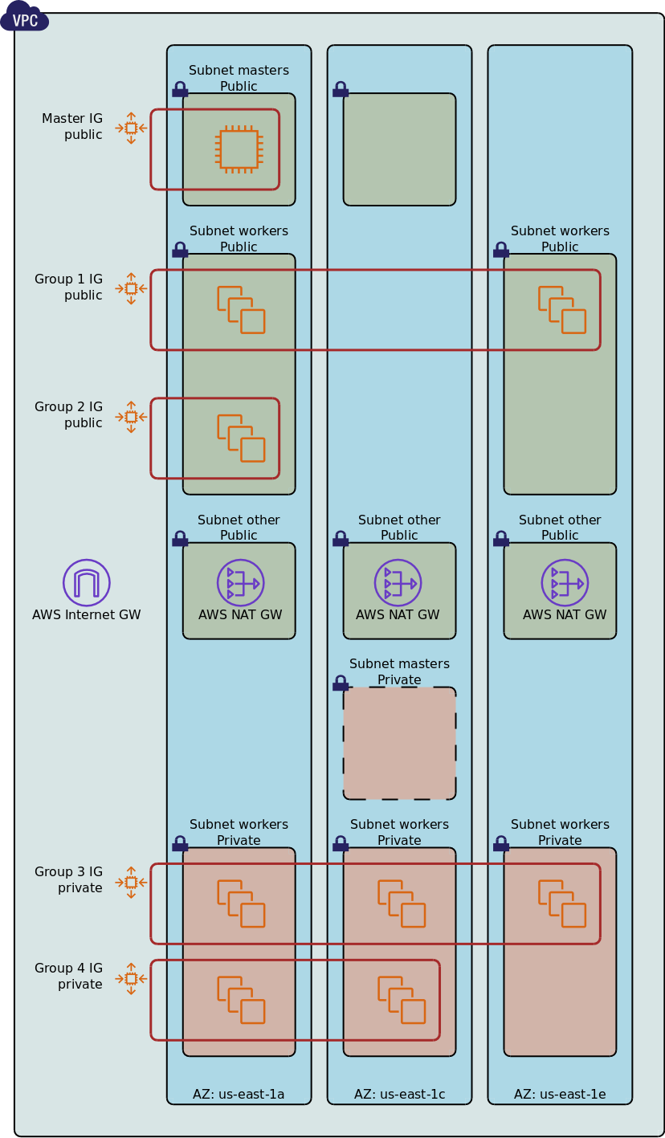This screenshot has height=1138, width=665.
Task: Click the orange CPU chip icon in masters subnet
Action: [x=239, y=149]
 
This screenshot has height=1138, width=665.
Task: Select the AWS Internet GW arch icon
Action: [x=87, y=583]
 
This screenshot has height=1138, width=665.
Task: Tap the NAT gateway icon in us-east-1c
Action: [x=398, y=583]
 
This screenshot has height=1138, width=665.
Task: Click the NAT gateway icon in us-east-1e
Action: [x=565, y=583]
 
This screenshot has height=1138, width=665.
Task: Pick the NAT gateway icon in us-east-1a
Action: [x=240, y=583]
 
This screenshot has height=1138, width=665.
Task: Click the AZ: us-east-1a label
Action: [x=239, y=1094]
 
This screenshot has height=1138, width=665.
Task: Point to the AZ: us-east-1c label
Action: [x=399, y=1094]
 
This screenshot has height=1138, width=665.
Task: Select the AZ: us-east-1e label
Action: [x=560, y=1094]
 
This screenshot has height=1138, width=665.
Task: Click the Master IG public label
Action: [x=72, y=127]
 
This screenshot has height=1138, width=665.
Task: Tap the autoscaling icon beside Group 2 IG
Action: [x=131, y=417]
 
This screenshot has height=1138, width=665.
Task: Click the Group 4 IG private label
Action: [x=69, y=976]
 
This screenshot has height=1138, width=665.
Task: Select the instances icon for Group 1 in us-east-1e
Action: [x=562, y=310]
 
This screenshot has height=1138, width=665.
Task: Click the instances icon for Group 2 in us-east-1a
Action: [x=241, y=438]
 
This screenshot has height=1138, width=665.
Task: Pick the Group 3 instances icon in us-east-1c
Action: [x=402, y=903]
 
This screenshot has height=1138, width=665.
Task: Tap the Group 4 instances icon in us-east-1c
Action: [x=402, y=1000]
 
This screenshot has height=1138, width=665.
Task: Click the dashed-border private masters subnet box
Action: [x=399, y=743]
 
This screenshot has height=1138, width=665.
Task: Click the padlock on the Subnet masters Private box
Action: [x=341, y=684]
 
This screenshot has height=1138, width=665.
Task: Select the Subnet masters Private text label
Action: [x=399, y=672]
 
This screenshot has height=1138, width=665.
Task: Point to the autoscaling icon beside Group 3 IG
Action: [x=131, y=882]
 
